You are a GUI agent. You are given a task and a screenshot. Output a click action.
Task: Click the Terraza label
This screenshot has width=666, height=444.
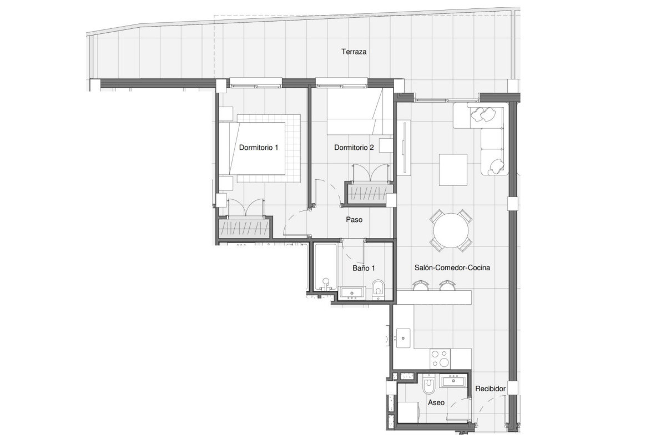click(x=354, y=52)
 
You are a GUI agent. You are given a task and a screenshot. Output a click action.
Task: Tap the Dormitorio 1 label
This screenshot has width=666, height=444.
click(x=259, y=148)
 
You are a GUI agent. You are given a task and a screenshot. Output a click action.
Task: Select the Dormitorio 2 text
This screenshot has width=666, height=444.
click(x=354, y=148)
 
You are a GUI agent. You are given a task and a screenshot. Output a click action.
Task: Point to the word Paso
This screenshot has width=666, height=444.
click(x=354, y=220)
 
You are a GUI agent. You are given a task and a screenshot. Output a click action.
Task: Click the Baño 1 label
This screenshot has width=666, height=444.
click(x=364, y=268)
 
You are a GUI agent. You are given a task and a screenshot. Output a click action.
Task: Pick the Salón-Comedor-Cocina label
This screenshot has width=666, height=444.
click(x=452, y=268)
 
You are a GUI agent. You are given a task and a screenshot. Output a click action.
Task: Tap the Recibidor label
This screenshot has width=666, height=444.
click(x=490, y=389)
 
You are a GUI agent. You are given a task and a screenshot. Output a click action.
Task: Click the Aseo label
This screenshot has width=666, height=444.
click(x=436, y=403)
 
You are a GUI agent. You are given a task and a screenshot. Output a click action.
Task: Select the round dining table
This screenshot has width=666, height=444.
click(x=451, y=230)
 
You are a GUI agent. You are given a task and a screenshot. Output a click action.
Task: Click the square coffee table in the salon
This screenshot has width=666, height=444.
click(x=453, y=170)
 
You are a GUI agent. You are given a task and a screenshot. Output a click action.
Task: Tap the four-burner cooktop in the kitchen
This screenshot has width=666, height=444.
click(x=440, y=359)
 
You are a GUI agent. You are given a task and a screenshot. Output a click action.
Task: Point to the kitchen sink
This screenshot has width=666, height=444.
click(x=403, y=338)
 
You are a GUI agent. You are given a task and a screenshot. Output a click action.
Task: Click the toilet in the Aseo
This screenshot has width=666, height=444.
click(x=428, y=384)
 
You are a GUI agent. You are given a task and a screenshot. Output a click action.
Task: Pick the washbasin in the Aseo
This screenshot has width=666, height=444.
click(x=453, y=382)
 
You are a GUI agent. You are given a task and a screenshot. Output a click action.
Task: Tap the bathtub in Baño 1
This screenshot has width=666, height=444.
click(x=326, y=268)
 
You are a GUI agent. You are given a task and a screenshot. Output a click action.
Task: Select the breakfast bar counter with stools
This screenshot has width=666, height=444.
click(x=434, y=297)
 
